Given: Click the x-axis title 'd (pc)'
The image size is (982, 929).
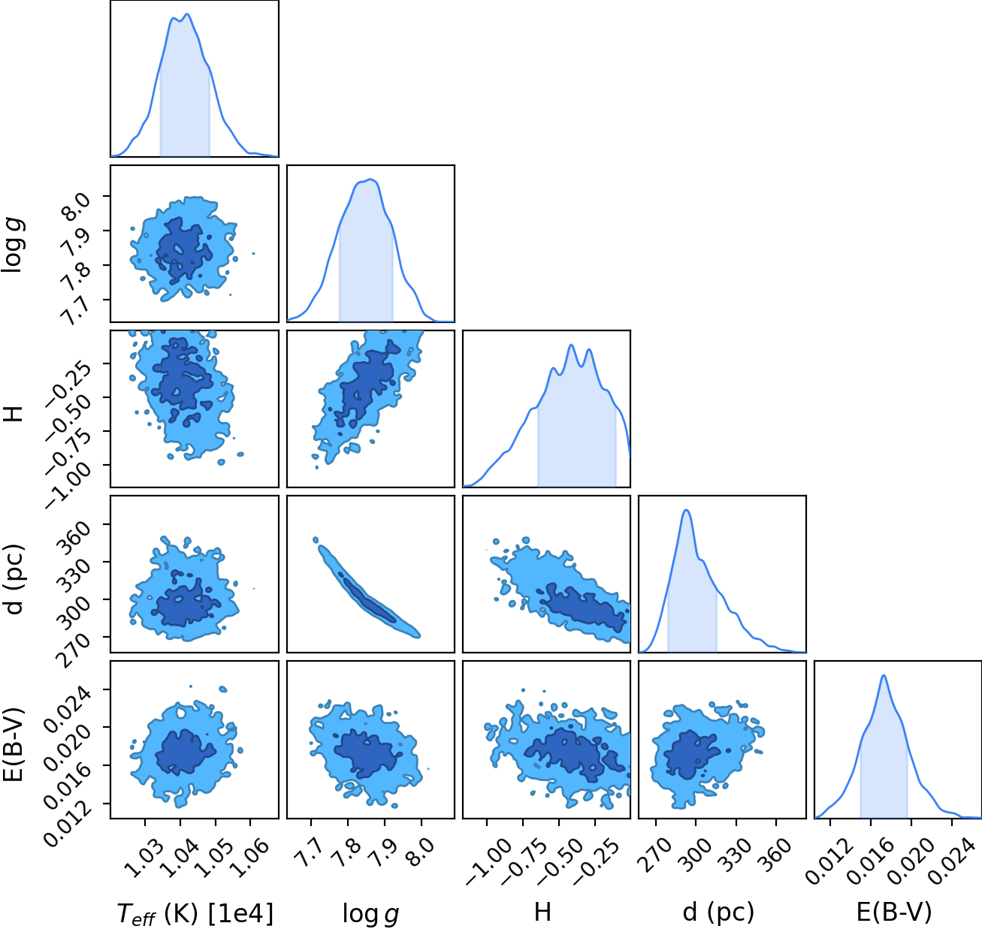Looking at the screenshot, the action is click(x=718, y=912).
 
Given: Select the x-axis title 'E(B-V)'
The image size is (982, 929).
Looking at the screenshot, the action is click(x=894, y=912).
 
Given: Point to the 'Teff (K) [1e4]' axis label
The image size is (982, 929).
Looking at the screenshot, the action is click(x=195, y=913).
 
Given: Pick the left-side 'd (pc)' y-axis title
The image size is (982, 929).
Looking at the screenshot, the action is click(x=15, y=578).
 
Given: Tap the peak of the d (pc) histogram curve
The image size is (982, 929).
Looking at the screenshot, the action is click(x=686, y=510).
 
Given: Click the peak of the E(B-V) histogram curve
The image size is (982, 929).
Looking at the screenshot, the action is click(x=884, y=675).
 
